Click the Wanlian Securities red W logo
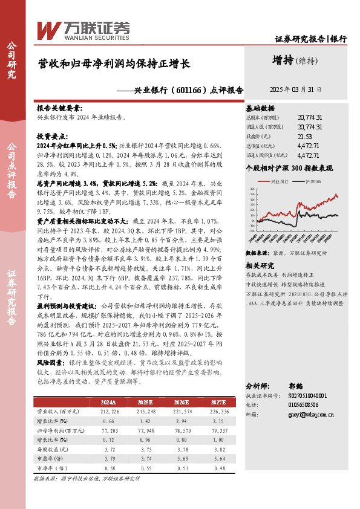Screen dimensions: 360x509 click(x=48, y=29)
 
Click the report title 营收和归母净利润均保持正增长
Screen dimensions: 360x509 click(x=114, y=63)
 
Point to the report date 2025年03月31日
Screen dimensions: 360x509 click(x=295, y=89)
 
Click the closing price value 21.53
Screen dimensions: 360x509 click(x=306, y=137)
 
